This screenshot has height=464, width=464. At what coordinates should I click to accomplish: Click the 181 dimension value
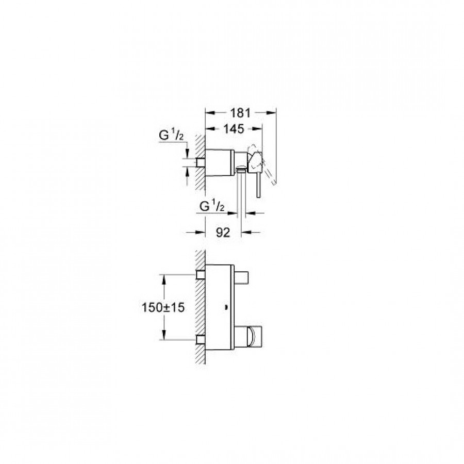coord(240,113)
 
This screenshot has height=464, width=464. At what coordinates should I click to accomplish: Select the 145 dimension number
coord(234,129)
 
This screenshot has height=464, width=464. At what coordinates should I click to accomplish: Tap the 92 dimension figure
coord(223,233)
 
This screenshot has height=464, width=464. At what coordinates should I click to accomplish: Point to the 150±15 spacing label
coord(163,307)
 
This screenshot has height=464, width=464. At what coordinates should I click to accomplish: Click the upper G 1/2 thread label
coord(171,135)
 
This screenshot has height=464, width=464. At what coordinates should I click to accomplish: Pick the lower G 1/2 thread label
coord(212,206)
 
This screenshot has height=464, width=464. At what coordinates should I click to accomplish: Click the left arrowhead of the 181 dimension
coord(210,112)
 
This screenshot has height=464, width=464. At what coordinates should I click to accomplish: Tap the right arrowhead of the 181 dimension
coord(271,112)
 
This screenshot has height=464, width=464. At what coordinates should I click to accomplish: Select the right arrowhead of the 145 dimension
coord(258,129)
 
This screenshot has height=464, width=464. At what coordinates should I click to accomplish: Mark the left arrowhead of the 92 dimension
coord(201,233)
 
